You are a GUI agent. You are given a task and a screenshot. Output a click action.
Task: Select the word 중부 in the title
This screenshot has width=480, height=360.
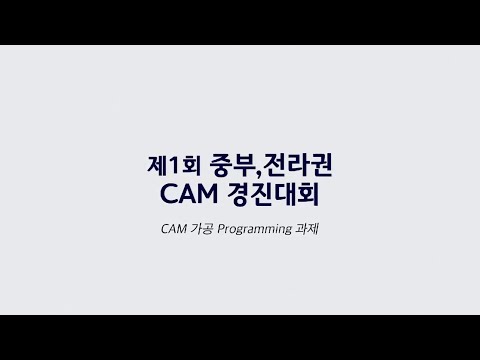[x=222, y=160]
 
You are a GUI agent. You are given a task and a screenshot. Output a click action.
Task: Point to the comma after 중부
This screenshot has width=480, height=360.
[x=247, y=168]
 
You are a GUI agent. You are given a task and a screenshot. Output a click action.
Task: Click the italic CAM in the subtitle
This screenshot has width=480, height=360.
[x=173, y=228]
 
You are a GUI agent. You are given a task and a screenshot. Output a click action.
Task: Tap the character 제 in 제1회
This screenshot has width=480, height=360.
[x=153, y=160]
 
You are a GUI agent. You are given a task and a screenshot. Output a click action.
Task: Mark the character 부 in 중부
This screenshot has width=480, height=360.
[x=235, y=160]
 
